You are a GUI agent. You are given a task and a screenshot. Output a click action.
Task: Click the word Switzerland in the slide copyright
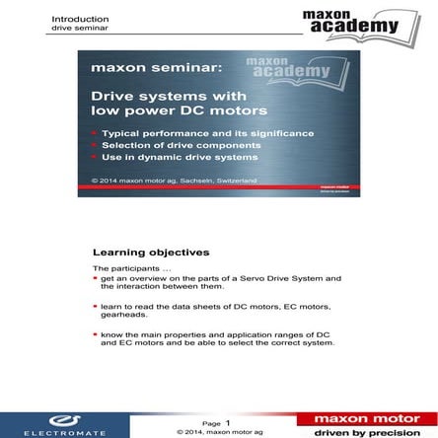click(x=234, y=180)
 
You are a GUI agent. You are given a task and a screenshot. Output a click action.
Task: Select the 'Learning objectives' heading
click(x=136, y=252)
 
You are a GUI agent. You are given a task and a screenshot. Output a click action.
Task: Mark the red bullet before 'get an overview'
click(x=96, y=279)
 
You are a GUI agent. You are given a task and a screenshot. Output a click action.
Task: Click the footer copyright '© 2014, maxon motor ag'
click(x=219, y=431)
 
